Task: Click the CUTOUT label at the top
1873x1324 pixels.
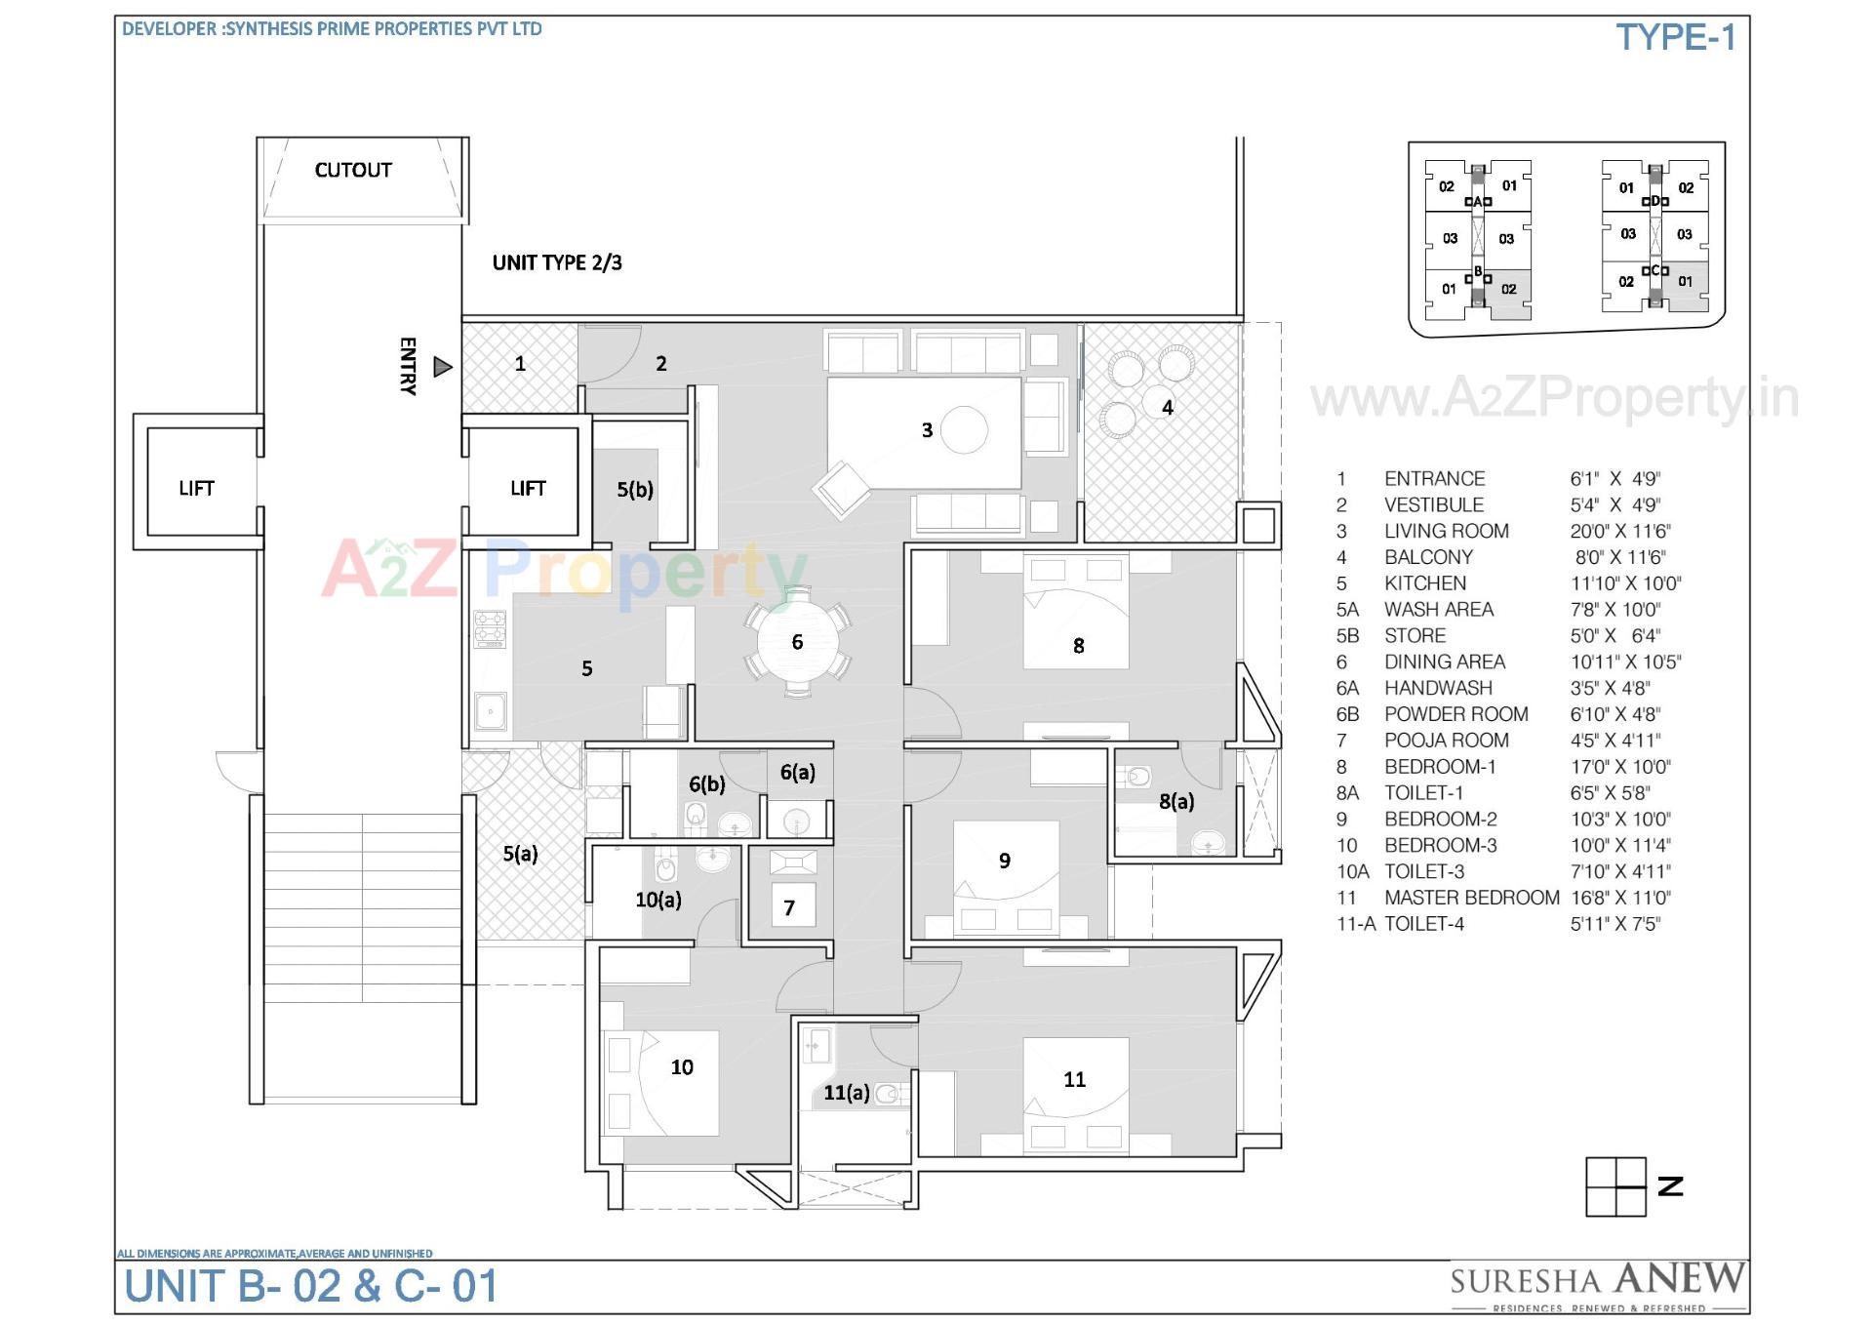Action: [x=352, y=170]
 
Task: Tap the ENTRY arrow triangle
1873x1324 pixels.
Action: [x=443, y=367]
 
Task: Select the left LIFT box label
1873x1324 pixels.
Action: [x=196, y=488]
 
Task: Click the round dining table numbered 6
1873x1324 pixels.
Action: [x=797, y=641]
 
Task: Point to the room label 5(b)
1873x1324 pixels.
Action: [x=634, y=490]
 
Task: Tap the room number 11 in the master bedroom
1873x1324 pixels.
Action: [x=1074, y=1079]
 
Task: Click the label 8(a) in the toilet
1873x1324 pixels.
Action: [x=1176, y=801]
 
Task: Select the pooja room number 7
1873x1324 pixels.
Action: [x=789, y=908]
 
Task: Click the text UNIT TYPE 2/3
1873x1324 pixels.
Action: [x=556, y=262]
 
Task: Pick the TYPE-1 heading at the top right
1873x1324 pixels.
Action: [x=1675, y=38]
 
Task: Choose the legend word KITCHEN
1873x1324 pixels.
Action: [x=1424, y=583]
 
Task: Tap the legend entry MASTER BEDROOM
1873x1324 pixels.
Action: [x=1471, y=898]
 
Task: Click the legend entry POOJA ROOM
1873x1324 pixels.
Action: [x=1446, y=741]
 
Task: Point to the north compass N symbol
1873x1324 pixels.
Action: [x=1670, y=1186]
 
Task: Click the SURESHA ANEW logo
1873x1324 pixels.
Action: [x=1596, y=1282]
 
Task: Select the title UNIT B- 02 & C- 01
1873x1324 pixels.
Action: [x=311, y=1286]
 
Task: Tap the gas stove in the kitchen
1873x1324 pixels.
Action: [x=490, y=629]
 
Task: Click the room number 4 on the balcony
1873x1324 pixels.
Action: [x=1167, y=408]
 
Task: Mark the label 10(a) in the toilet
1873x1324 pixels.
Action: [x=658, y=900]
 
